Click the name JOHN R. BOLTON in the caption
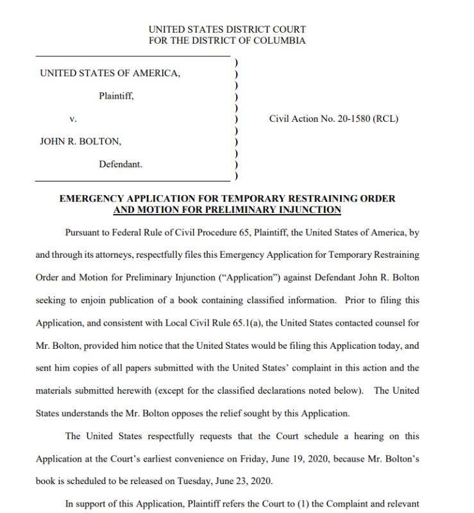click(x=80, y=141)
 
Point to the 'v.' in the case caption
click(x=72, y=119)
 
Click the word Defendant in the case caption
click(x=121, y=164)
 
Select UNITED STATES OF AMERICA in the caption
click(x=110, y=73)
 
